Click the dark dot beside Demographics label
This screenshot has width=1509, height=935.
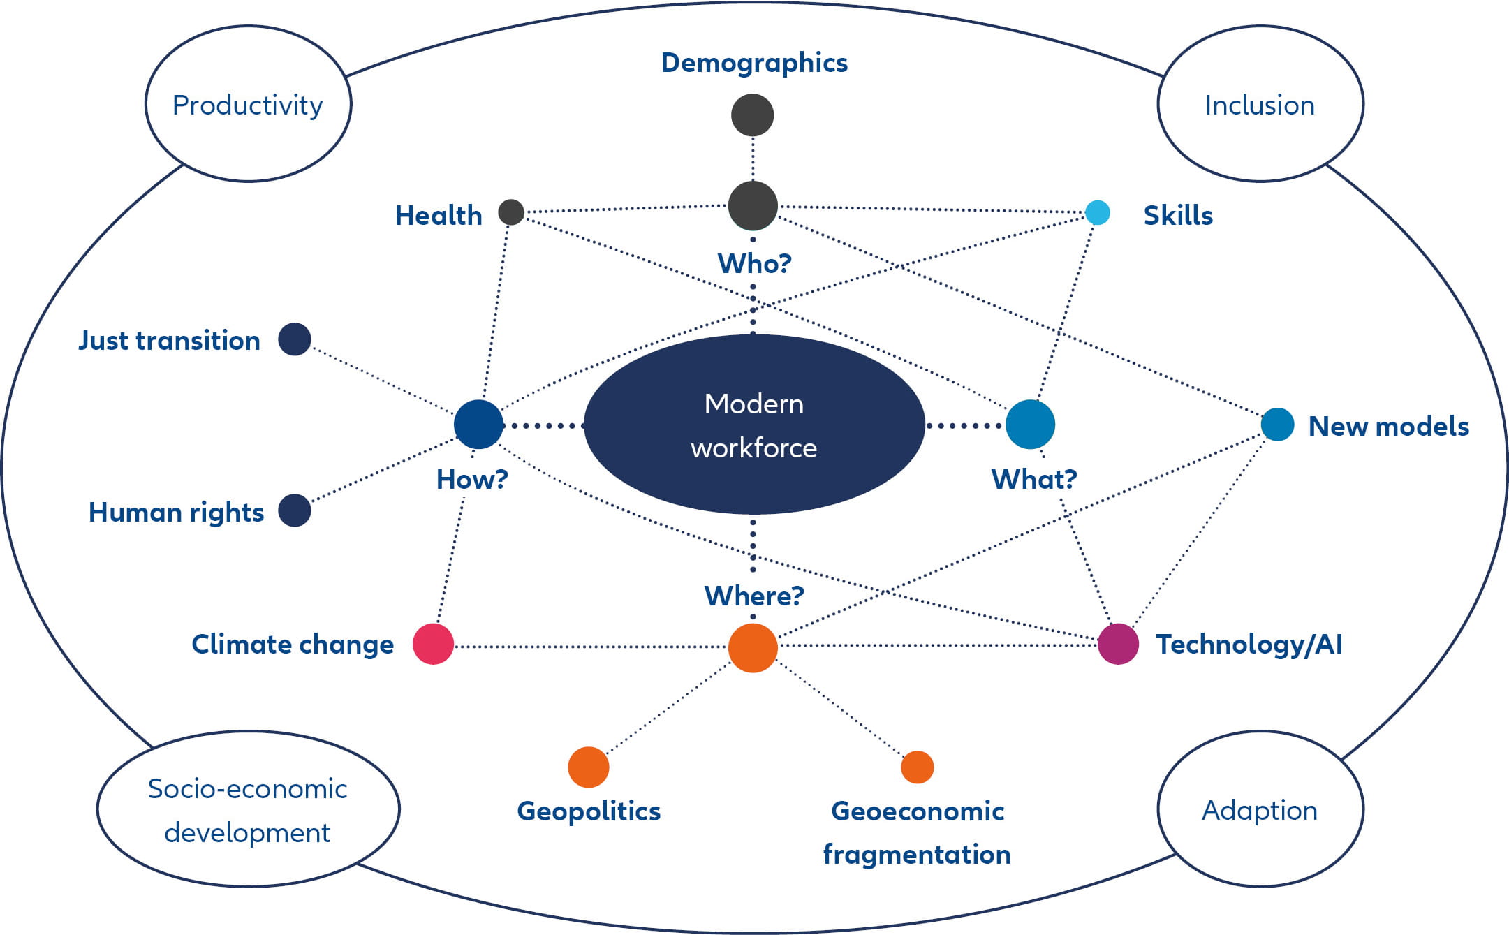752,115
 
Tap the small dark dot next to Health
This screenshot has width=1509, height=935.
511,212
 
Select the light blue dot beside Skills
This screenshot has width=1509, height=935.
1097,212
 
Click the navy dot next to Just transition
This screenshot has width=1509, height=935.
294,339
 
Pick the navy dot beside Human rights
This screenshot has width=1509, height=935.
294,510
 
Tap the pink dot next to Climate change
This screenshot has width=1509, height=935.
433,644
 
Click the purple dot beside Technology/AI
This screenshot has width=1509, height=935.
1118,644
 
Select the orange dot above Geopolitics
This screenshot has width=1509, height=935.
588,767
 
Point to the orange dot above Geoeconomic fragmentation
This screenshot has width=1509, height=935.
917,767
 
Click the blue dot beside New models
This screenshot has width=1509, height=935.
1277,425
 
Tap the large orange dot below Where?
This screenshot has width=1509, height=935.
752,648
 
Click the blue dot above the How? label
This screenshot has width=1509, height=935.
478,425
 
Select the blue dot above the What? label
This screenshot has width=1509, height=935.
1030,425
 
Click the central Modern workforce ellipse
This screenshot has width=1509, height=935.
753,425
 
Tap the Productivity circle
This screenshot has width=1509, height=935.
248,104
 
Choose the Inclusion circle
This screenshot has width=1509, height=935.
1260,104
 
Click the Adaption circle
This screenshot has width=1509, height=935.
1260,809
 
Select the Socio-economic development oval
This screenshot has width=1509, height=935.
248,809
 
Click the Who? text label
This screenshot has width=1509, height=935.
754,264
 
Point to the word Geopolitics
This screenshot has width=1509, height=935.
589,811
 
